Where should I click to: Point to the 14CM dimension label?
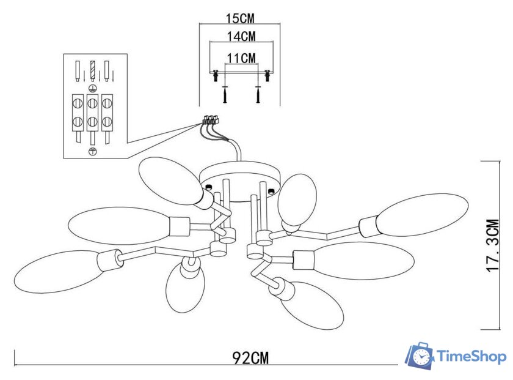pos(241,37)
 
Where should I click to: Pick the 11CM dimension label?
pos(241,58)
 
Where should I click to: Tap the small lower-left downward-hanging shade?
pos(184,287)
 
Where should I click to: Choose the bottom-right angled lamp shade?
pos(313,305)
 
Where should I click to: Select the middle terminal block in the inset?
pos(93,111)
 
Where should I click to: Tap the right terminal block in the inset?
pos(107,111)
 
